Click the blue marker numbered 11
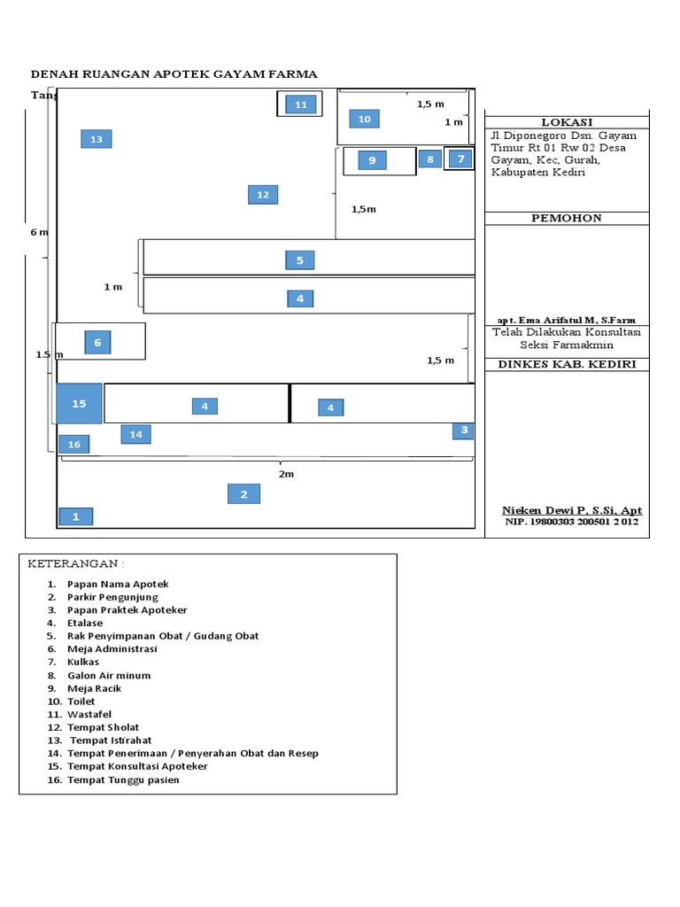tap(300, 105)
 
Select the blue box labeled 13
tap(97, 139)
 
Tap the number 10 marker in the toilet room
tap(364, 119)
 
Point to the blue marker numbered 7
tap(460, 159)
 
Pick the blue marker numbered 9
tap(373, 160)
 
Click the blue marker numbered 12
tap(263, 195)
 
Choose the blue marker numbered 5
tap(300, 260)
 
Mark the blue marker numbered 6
tap(97, 343)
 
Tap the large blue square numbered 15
tap(80, 404)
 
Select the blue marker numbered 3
tap(463, 430)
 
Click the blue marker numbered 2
tap(244, 494)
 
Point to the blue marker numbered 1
tap(76, 516)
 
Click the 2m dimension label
tap(286, 474)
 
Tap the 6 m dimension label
tap(39, 232)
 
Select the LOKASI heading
tap(567, 122)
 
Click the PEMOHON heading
tap(567, 218)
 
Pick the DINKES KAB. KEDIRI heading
tap(567, 364)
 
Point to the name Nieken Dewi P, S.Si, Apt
tap(572, 510)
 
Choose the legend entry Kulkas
tap(83, 662)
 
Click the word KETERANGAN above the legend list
tap(75, 564)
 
